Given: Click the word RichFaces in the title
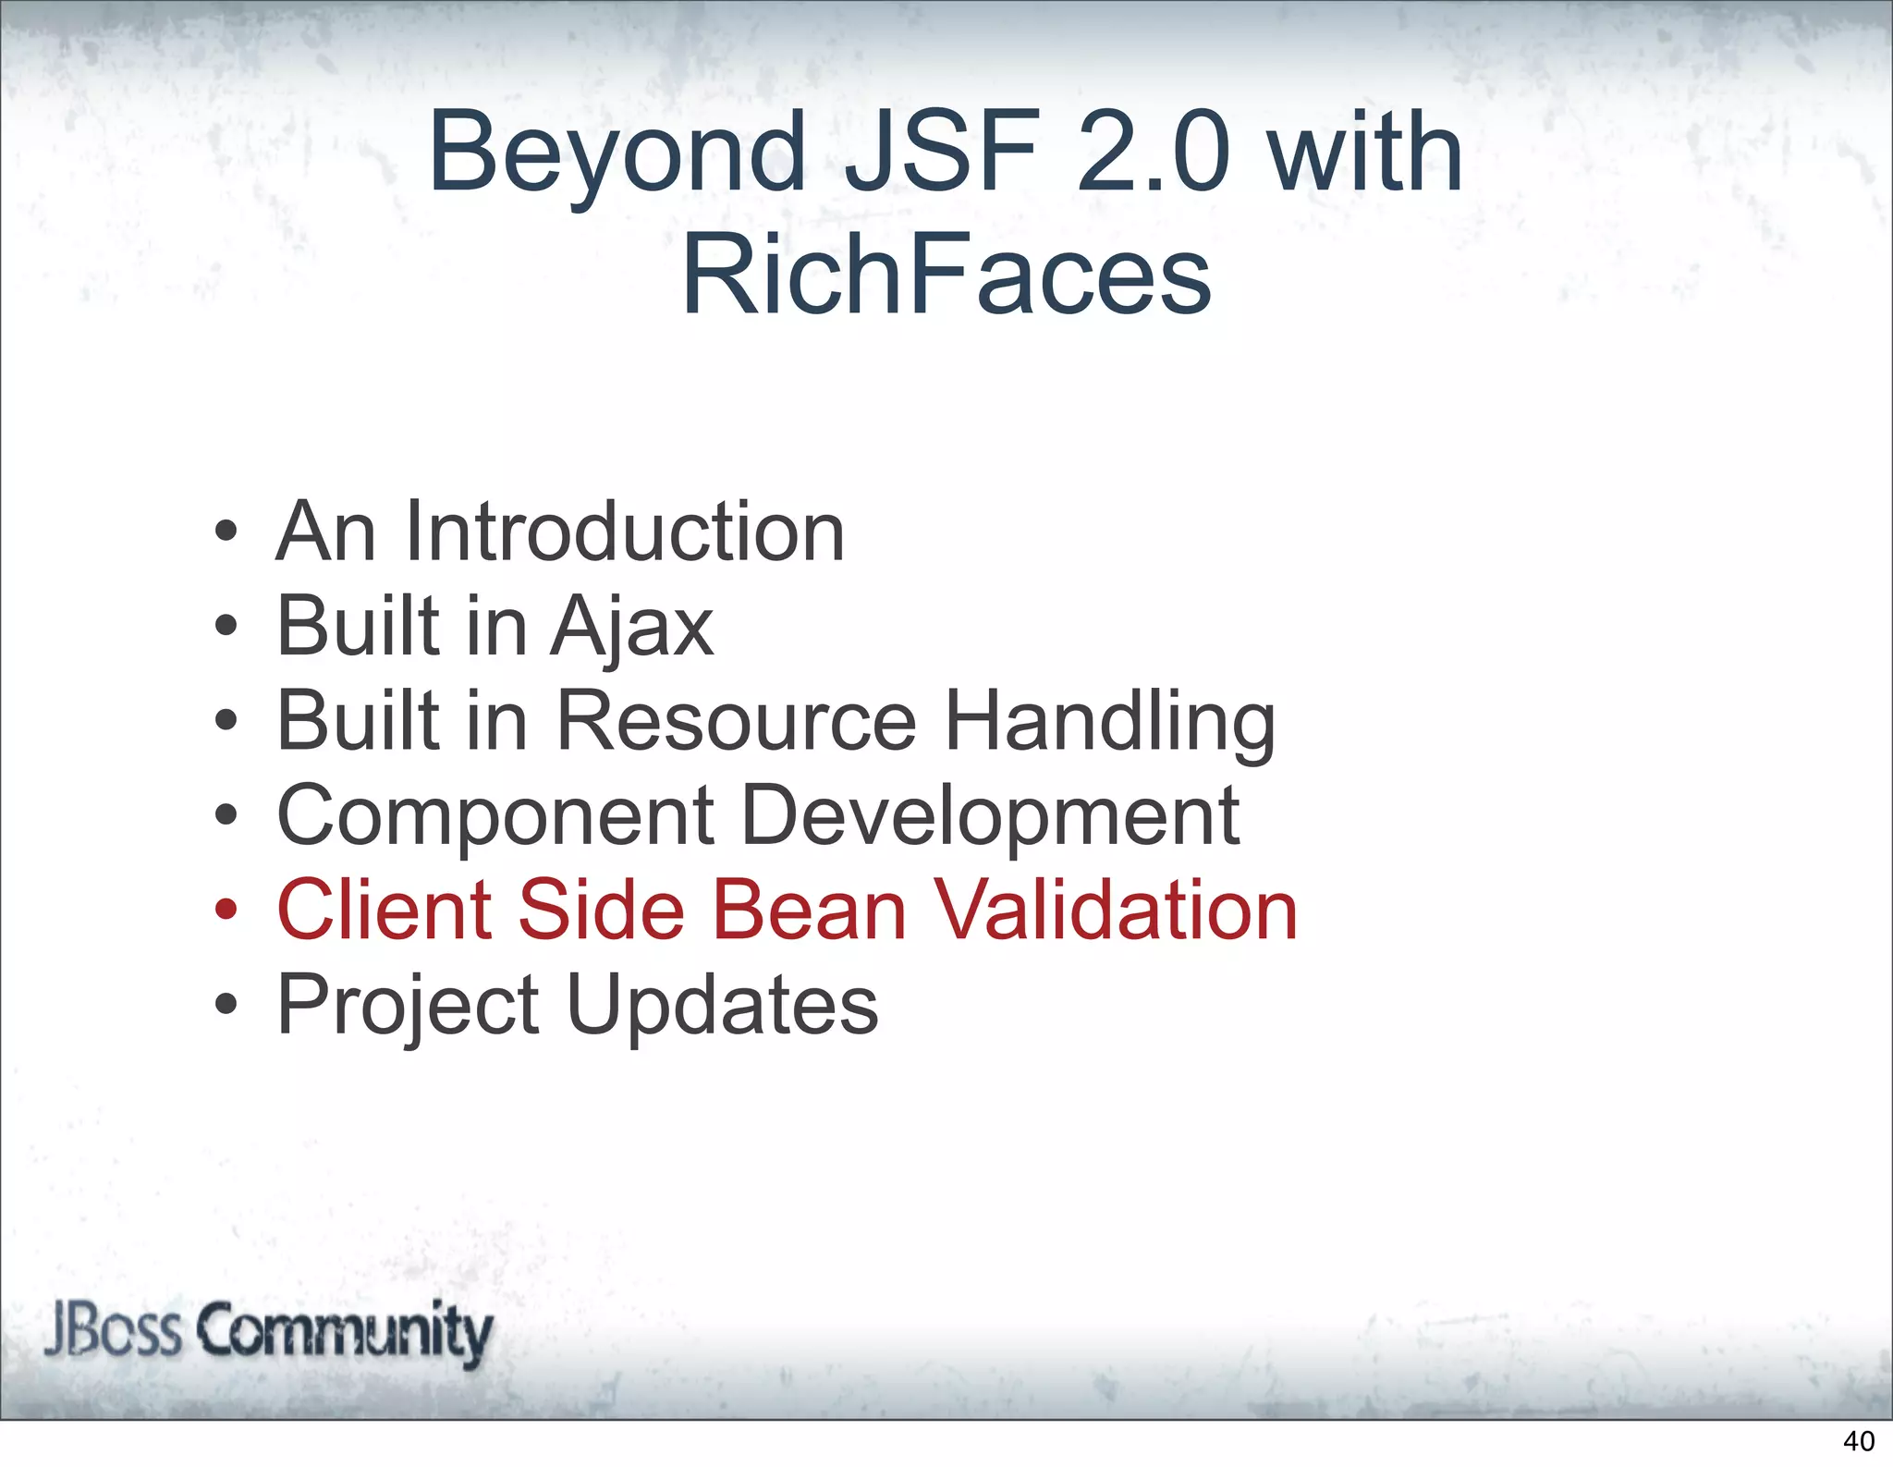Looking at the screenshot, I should point(946,275).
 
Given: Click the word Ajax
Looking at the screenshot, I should point(632,629).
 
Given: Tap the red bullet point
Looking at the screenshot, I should point(226,911).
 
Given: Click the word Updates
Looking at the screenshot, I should point(722,1006).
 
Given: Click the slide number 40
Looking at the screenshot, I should point(1859,1441).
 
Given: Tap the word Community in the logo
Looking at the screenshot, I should point(344,1332).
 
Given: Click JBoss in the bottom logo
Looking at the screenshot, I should point(112,1330).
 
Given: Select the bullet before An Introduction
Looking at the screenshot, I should point(226,532).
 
